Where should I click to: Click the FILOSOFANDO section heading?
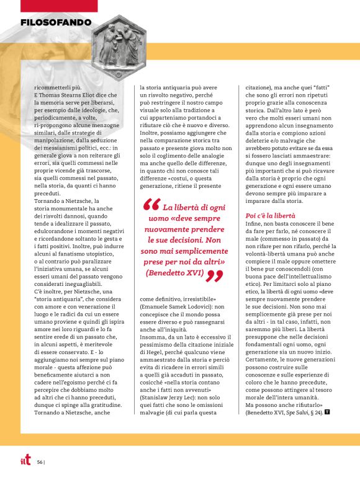(56, 23)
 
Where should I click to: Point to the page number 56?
(39, 461)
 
